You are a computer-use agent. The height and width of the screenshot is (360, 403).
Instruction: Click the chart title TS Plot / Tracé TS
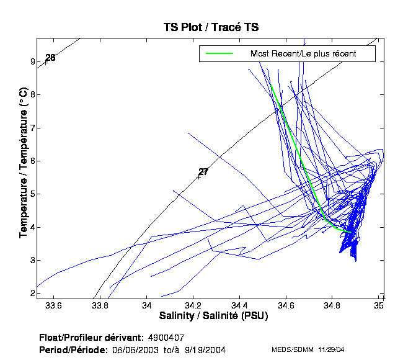(x=211, y=27)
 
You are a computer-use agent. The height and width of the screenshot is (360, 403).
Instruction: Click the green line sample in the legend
(x=219, y=54)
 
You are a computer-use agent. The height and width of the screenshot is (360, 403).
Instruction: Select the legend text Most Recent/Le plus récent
(x=303, y=54)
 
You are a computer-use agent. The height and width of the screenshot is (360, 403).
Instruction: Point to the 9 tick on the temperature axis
(x=32, y=61)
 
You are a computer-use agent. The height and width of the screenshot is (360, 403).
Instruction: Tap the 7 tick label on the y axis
(x=32, y=128)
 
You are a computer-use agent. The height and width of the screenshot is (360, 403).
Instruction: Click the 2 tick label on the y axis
(x=32, y=292)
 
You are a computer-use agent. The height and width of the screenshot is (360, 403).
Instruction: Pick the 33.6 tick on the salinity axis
(x=54, y=305)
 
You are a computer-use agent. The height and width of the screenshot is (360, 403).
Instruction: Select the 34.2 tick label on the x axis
(x=193, y=305)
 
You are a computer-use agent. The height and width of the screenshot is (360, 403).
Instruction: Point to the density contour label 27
(x=203, y=172)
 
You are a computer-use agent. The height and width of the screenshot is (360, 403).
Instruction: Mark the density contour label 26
(x=50, y=58)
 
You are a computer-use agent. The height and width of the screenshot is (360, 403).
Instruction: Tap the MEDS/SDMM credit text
(x=293, y=350)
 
